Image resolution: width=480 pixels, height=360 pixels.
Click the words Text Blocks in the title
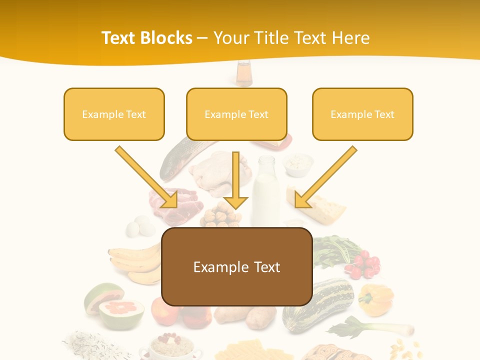tap(146, 38)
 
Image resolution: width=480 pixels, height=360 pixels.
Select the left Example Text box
tap(114, 114)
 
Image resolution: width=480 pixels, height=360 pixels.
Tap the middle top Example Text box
tap(236, 114)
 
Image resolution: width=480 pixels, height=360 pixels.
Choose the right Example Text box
tap(362, 114)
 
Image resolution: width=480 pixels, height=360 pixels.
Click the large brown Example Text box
tap(237, 266)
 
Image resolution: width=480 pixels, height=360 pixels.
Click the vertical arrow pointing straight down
tap(235, 180)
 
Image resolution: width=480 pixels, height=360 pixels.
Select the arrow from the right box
tap(325, 177)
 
